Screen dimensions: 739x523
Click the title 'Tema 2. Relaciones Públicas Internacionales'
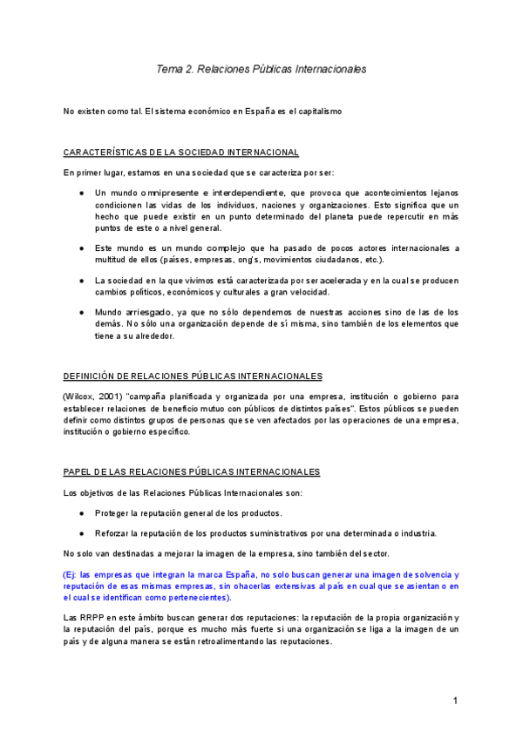[261, 68]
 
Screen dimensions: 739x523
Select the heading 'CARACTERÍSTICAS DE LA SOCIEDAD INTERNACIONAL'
[181, 152]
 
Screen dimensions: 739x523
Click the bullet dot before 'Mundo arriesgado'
[81, 312]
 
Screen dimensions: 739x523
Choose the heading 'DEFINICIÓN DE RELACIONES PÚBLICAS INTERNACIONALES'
[193, 376]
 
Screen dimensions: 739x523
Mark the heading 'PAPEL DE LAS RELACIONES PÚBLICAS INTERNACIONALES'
[192, 471]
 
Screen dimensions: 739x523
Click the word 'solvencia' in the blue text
[439, 575]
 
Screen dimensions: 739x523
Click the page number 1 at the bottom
[455, 702]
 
